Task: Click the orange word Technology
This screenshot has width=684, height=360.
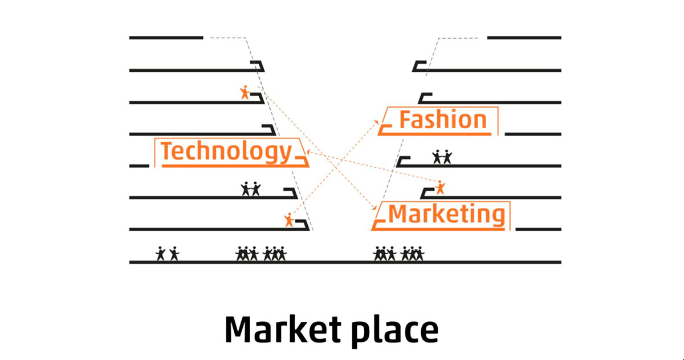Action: click(x=226, y=152)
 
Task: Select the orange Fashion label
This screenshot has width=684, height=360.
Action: click(x=443, y=120)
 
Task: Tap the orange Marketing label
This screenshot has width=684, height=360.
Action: click(x=446, y=215)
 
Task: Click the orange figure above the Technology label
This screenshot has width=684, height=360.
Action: click(x=245, y=92)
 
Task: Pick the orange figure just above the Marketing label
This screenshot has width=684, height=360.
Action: click(x=439, y=187)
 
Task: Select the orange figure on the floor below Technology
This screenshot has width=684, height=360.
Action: click(x=289, y=219)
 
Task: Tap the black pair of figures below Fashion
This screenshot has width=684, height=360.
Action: click(x=442, y=156)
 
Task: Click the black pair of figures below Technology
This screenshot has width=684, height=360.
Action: click(x=251, y=189)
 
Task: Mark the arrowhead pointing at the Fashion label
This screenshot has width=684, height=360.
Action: click(x=377, y=121)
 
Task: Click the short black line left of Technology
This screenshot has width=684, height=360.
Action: click(x=139, y=166)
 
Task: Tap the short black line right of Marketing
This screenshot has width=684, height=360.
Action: click(x=538, y=229)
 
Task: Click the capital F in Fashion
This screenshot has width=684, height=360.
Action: click(x=406, y=120)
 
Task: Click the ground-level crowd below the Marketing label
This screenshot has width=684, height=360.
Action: click(x=398, y=253)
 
